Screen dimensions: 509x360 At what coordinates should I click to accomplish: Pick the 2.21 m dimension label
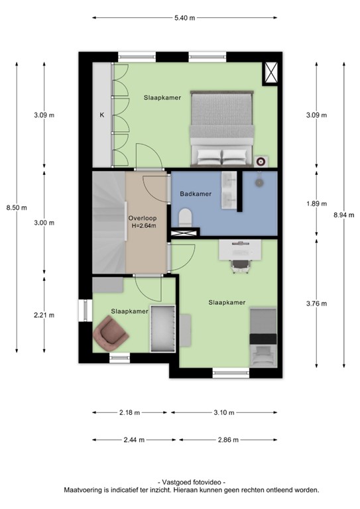coord(44,315)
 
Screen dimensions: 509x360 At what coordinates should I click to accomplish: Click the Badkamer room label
coord(196,194)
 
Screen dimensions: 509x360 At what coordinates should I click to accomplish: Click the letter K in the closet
coord(102,115)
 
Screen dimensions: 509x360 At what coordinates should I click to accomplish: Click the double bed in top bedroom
coord(222,128)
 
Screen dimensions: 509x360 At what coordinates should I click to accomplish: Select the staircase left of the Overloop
coord(107,221)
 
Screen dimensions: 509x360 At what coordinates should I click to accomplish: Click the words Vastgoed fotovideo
coord(192,482)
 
